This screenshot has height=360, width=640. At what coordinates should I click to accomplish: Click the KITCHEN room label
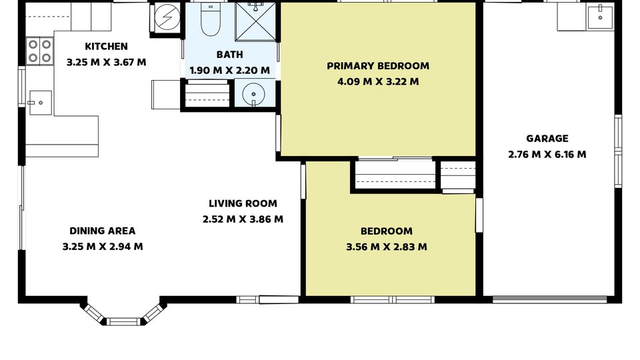coord(106,47)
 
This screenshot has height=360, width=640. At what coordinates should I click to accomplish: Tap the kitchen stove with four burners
coord(40,51)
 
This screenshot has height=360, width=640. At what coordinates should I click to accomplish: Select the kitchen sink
coord(40,103)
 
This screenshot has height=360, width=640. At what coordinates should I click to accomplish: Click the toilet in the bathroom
coord(211,19)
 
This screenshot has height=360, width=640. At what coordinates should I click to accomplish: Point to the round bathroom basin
coord(253,94)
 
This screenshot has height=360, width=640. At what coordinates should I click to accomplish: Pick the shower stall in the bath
coord(256,21)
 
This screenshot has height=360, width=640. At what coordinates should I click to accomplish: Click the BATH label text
coord(230,55)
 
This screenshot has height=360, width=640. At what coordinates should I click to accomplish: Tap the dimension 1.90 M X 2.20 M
coord(230,70)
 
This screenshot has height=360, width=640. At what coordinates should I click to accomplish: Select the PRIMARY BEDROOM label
coord(378,66)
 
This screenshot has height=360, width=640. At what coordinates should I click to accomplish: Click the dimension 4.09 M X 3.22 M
coord(378,81)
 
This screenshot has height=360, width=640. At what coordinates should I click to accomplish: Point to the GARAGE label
coord(547,139)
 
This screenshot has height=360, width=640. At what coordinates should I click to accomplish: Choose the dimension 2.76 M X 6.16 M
coord(547,154)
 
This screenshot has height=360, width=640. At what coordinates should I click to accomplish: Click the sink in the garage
coord(600,17)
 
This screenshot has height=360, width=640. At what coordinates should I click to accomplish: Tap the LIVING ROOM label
coord(243,203)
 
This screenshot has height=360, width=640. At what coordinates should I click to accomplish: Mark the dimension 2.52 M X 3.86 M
coord(243,219)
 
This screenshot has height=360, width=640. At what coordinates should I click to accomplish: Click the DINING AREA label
coord(103,231)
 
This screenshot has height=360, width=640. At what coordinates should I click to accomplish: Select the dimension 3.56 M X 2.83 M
coord(387,247)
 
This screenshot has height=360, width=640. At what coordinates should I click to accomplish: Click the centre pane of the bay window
coord(123,321)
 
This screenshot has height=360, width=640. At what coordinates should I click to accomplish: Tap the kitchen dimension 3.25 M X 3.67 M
coord(106,63)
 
